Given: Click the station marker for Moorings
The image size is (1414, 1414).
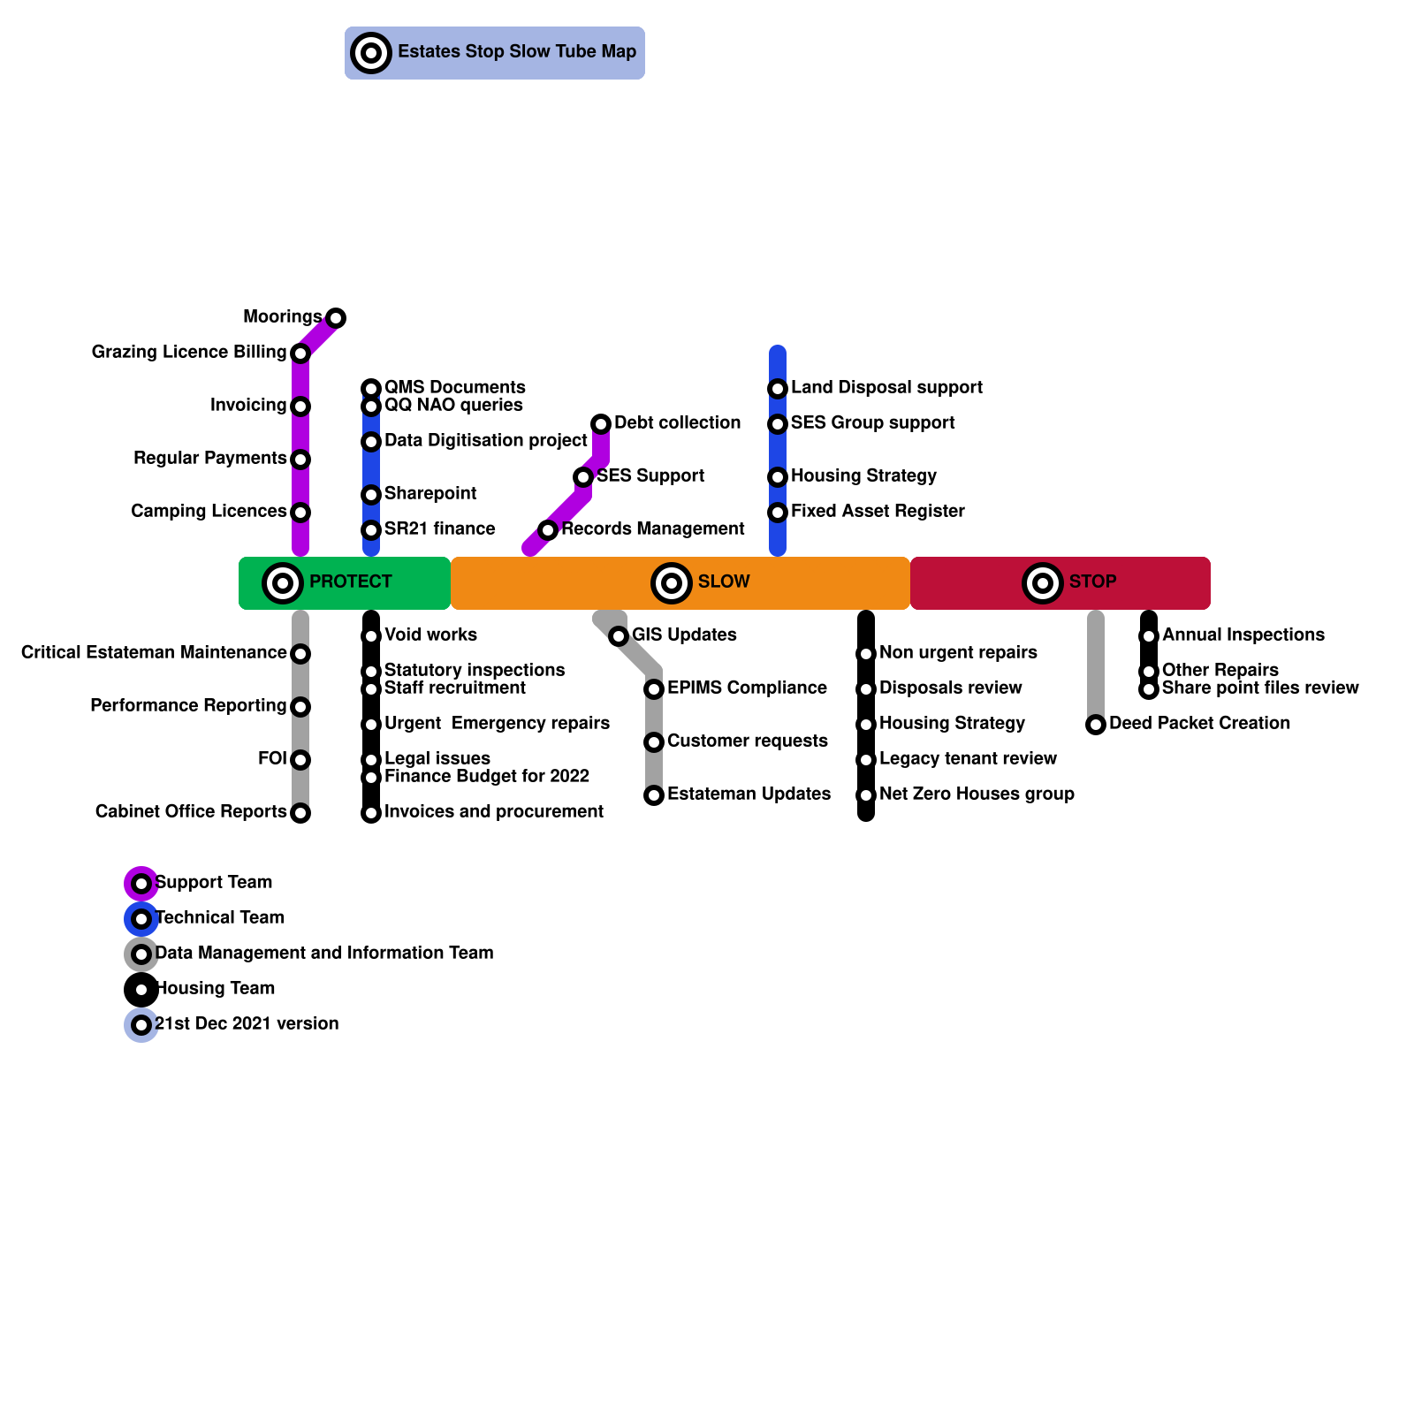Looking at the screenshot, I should click(336, 318).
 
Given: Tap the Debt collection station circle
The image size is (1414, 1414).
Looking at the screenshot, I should click(601, 424).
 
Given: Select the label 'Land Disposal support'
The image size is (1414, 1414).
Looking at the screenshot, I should click(886, 388).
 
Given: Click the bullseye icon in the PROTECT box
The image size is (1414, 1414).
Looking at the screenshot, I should click(283, 583).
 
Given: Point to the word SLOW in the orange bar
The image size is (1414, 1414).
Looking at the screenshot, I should click(723, 582).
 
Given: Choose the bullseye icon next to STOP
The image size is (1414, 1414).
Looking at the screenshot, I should click(1043, 583).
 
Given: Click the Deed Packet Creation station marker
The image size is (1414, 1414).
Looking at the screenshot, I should click(1096, 725).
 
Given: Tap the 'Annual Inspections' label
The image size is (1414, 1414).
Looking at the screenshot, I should click(1243, 635).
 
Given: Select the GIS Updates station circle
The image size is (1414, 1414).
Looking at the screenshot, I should click(619, 636).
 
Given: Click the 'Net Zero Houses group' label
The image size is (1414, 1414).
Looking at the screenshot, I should click(977, 794).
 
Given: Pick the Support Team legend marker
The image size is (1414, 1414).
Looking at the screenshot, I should click(141, 884).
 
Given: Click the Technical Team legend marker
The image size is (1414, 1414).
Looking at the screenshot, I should click(141, 919).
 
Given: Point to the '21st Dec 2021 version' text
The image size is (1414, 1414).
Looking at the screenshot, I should click(247, 1024).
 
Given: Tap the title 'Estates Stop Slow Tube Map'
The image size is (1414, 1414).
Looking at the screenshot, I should click(516, 52).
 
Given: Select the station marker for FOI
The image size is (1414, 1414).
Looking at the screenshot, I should click(300, 760).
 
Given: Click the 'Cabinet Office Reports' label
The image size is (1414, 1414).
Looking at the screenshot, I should click(191, 812).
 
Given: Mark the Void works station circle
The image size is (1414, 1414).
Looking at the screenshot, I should click(371, 636).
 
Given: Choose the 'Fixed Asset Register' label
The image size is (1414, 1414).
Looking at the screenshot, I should click(877, 512).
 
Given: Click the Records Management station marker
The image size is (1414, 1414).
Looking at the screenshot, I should click(548, 530).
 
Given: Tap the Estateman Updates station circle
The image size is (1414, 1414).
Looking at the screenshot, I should click(654, 795).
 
